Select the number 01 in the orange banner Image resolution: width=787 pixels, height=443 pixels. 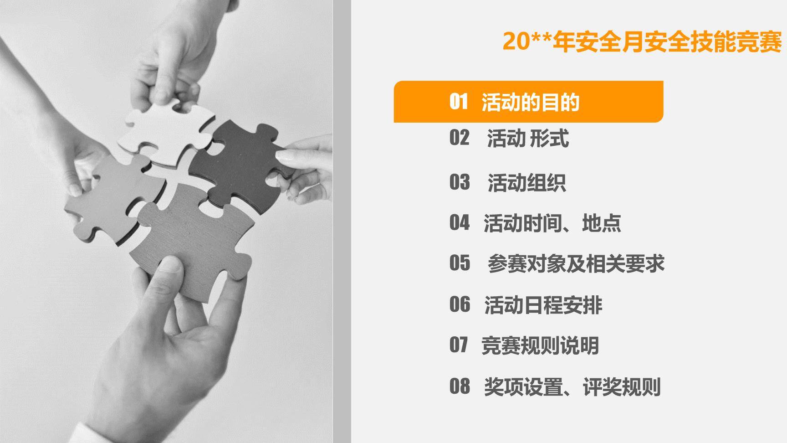pos(458,102)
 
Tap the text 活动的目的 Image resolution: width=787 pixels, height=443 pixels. pos(530,102)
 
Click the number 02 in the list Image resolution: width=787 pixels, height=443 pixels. pos(459,138)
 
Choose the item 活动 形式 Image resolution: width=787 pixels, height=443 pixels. pos(528,139)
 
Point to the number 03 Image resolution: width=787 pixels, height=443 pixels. pos(459,182)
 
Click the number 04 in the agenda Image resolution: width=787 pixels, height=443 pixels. pos(459,223)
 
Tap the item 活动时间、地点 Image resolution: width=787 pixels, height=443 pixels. pos(552,223)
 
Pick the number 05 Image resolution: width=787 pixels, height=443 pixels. pos(459,263)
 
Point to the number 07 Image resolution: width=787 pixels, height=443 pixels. pos(458,345)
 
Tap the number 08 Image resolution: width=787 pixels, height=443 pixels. pos(459,386)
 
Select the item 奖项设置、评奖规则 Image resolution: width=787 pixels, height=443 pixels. pos(572,387)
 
